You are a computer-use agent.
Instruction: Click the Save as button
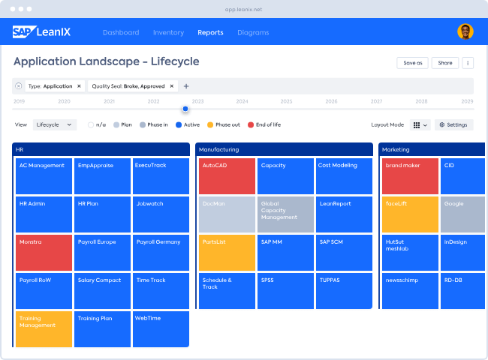point(413,63)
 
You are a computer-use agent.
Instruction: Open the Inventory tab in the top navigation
point(168,32)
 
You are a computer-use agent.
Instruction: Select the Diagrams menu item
point(253,32)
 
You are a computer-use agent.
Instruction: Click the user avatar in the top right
point(465,31)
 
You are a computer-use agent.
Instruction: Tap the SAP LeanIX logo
point(41,31)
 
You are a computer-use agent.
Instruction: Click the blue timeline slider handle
point(185,109)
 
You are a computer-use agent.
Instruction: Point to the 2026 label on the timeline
point(331,101)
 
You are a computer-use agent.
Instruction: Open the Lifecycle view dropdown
point(54,124)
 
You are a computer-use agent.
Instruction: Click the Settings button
point(453,124)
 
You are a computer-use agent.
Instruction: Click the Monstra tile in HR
point(44,253)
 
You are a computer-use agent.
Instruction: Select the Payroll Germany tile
point(161,253)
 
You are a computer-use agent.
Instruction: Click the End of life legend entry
point(264,124)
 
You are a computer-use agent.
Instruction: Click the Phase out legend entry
point(223,124)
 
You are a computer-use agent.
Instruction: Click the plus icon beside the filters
point(186,86)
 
